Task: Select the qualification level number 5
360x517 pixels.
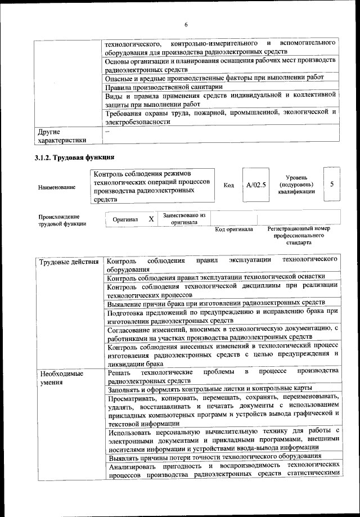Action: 332,184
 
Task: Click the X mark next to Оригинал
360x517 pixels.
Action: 151,219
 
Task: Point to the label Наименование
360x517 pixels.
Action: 57,187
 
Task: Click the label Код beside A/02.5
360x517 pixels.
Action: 228,185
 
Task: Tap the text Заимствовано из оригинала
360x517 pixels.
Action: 184,219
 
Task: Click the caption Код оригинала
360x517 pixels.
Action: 235,230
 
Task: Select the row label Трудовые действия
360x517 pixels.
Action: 69,262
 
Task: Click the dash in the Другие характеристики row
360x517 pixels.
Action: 107,131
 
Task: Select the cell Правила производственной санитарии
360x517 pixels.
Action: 164,87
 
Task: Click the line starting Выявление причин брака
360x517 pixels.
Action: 216,303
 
